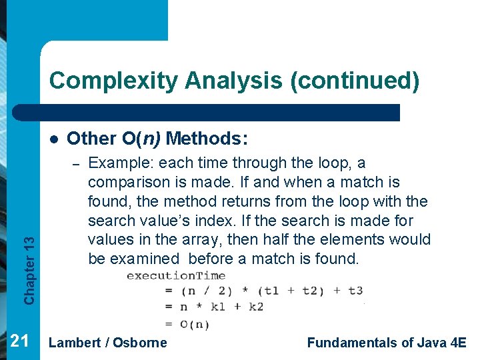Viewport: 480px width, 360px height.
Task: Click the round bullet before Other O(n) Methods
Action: point(53,139)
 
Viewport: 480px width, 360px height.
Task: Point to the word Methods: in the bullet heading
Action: point(207,139)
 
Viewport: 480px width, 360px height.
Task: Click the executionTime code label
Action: point(176,275)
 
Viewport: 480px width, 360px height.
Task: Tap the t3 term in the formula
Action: point(355,291)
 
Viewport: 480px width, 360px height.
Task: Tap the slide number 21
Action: point(19,341)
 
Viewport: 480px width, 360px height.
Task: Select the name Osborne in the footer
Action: point(140,343)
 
